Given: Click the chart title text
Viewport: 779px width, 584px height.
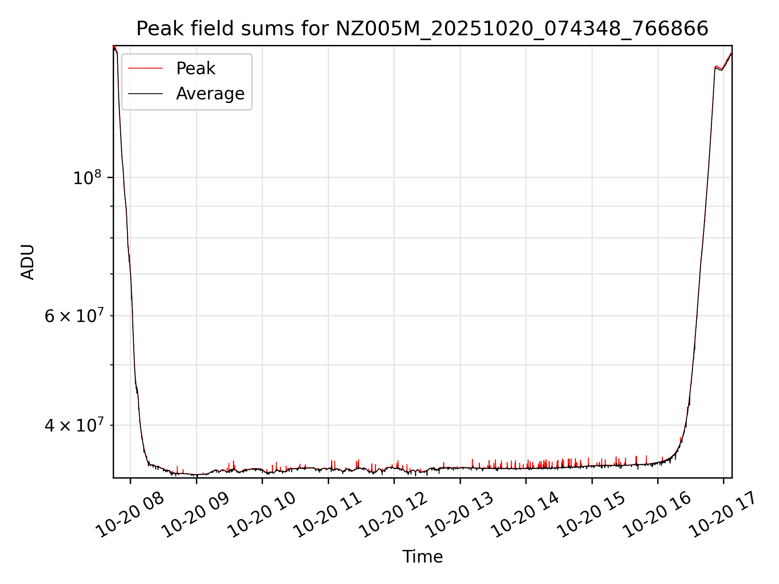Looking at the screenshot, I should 422,29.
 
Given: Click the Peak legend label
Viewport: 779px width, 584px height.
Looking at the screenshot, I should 196,69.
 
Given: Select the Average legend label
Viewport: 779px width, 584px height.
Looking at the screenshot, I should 210,94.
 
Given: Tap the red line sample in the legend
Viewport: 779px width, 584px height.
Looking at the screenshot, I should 145,69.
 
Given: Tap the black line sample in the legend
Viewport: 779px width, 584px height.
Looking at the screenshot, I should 145,94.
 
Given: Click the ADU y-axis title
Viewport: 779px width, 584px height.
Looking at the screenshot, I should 28,262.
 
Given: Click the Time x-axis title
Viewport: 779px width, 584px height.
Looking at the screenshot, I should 422,556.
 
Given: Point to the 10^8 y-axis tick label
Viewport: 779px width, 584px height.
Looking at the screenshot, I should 87,178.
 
